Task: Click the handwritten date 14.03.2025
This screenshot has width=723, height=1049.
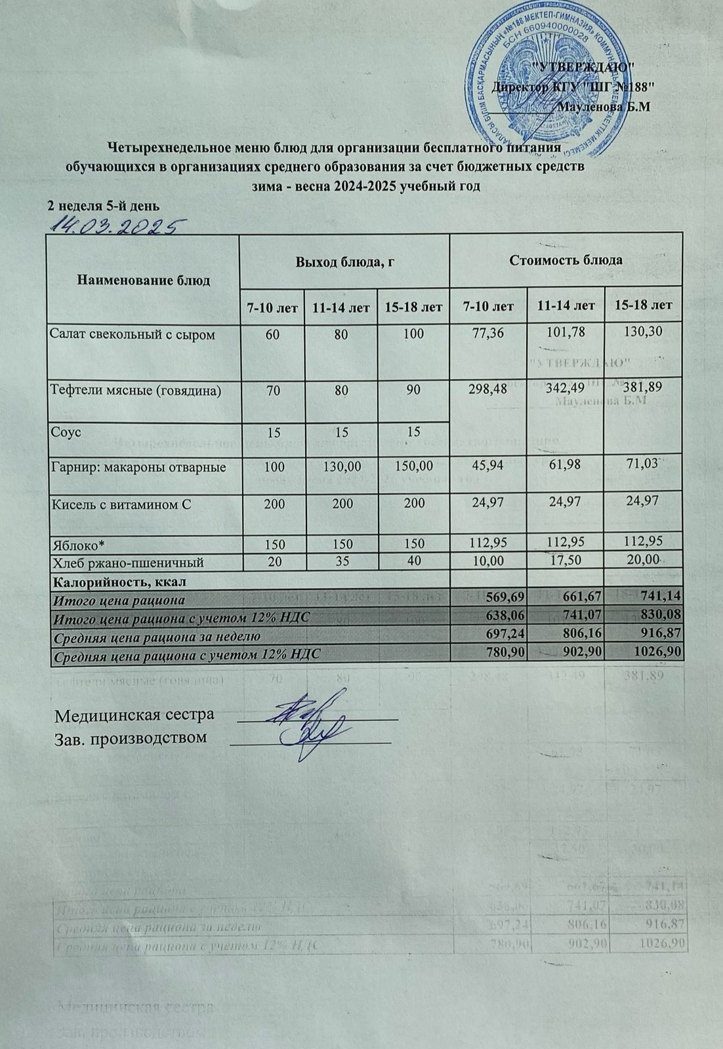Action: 115,227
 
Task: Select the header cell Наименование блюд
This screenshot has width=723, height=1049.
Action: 144,281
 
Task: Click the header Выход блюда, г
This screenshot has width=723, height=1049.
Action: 344,261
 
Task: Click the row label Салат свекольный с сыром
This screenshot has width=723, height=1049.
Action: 133,334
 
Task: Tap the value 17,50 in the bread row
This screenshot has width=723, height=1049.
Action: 565,562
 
